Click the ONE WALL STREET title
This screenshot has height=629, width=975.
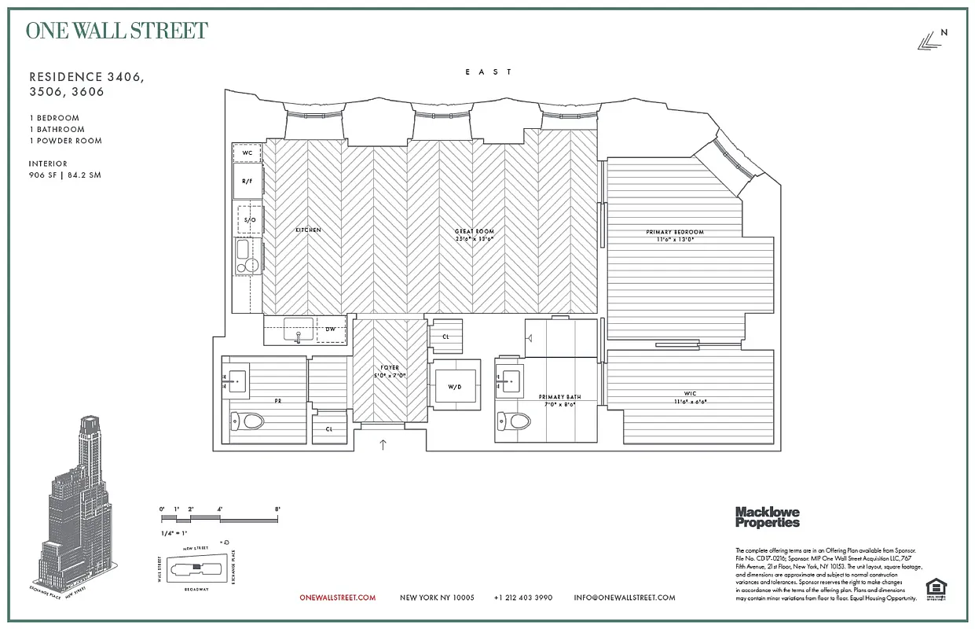tap(117, 31)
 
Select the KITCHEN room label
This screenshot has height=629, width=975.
tap(308, 230)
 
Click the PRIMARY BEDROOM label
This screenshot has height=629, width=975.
tap(675, 233)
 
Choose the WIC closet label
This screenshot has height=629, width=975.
tap(690, 394)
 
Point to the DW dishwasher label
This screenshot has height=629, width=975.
tap(331, 329)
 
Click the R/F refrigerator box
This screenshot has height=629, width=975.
tap(247, 182)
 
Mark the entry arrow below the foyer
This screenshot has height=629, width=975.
tap(383, 445)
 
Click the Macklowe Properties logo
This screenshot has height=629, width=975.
tap(767, 517)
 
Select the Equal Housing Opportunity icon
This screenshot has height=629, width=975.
tap(935, 588)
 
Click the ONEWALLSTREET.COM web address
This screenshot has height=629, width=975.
tap(338, 598)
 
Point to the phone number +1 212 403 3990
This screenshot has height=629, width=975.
tap(523, 598)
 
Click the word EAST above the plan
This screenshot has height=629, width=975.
tap(488, 72)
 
